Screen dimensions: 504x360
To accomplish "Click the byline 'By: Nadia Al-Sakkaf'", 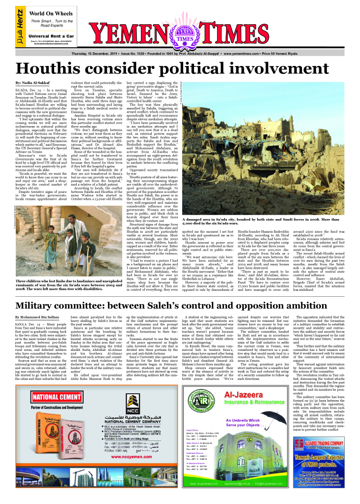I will coord(32,82).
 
